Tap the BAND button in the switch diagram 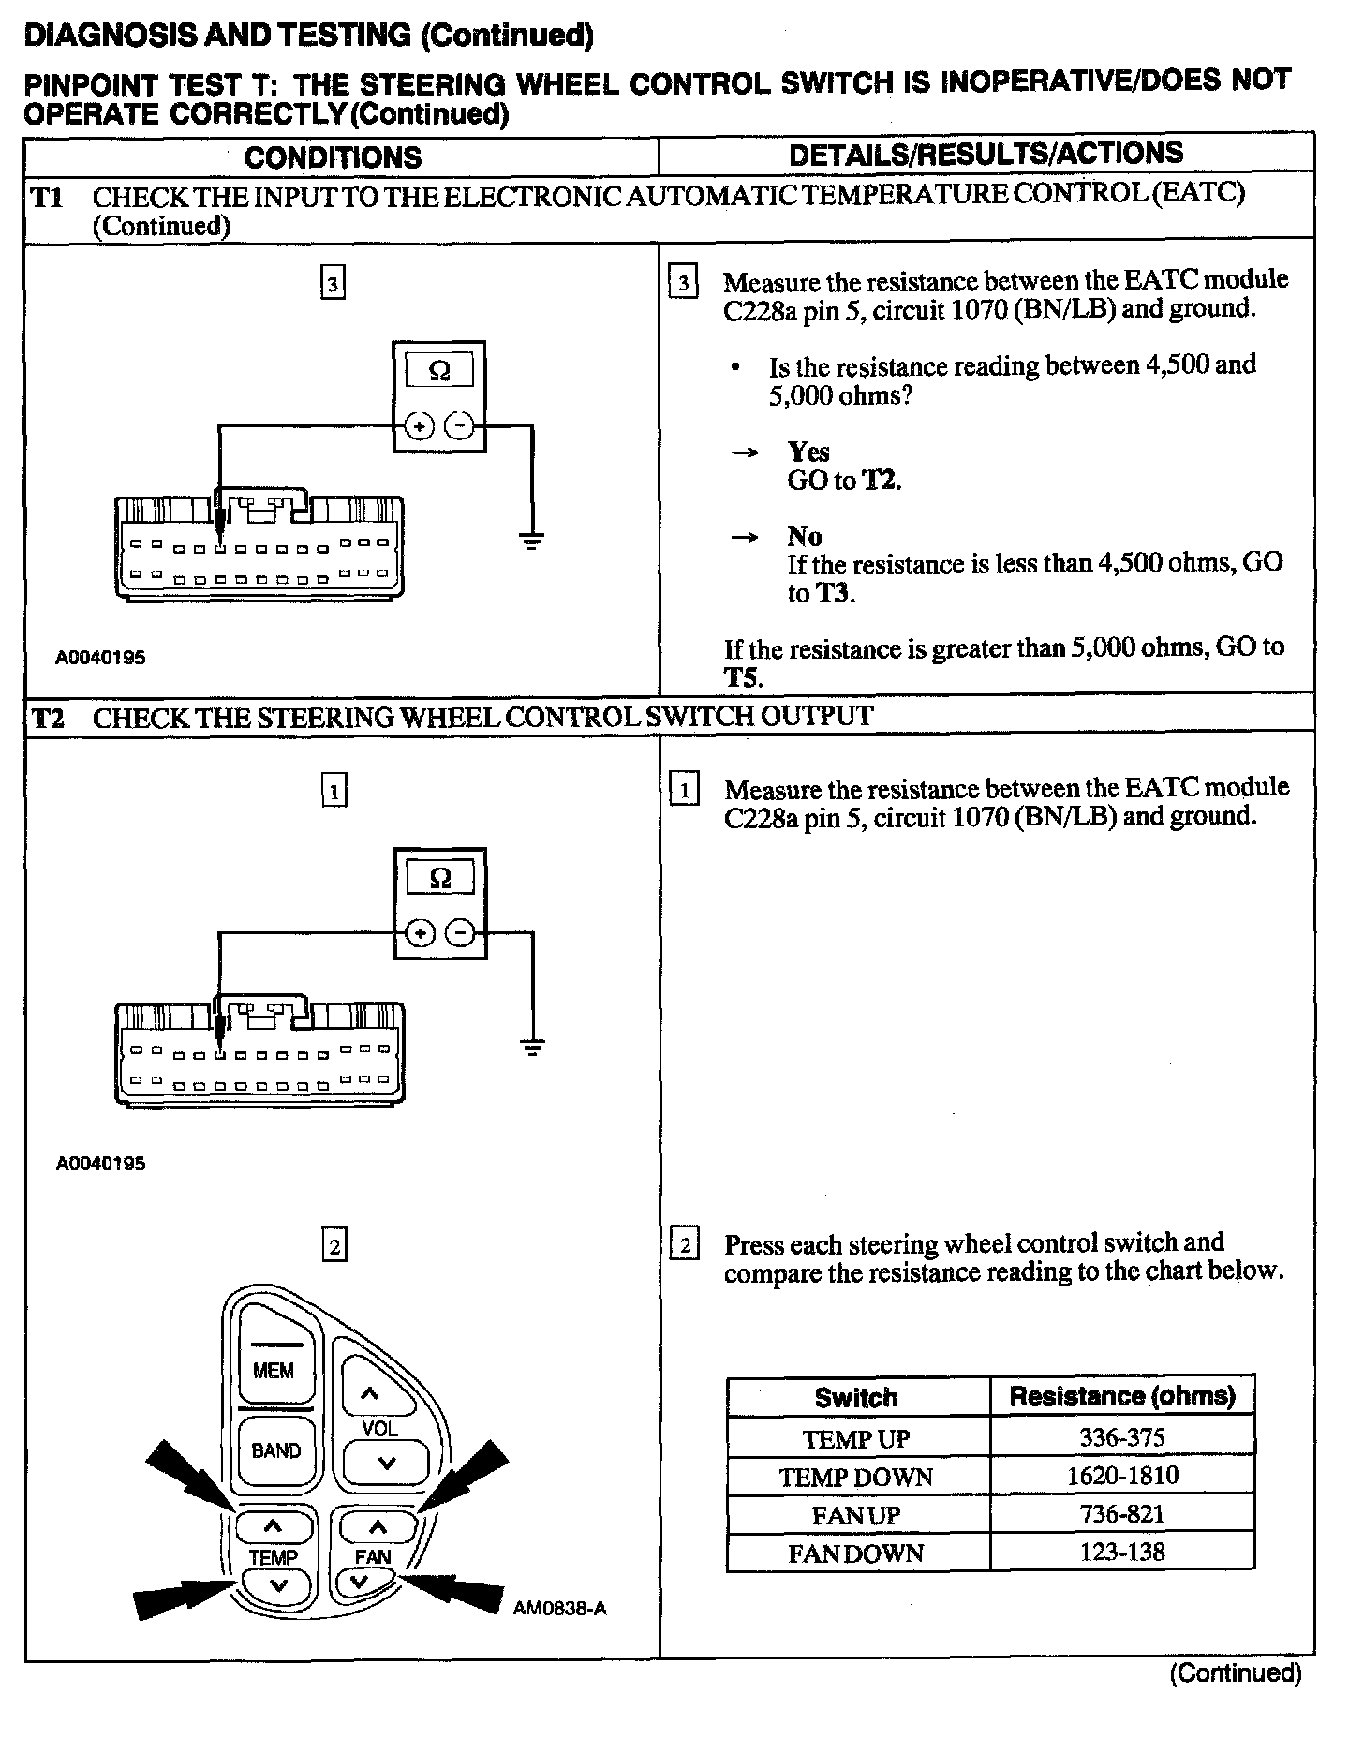point(275,1451)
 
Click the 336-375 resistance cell point(1121,1437)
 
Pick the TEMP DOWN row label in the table point(856,1478)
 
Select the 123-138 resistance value point(1121,1553)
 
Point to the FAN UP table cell point(856,1515)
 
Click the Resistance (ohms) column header point(1121,1397)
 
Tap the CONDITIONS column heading point(333,157)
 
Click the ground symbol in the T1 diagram point(532,539)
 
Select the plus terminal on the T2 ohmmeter point(420,934)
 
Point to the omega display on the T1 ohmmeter point(438,372)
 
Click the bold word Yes point(808,453)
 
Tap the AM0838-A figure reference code point(559,1609)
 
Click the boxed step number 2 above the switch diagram point(334,1247)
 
